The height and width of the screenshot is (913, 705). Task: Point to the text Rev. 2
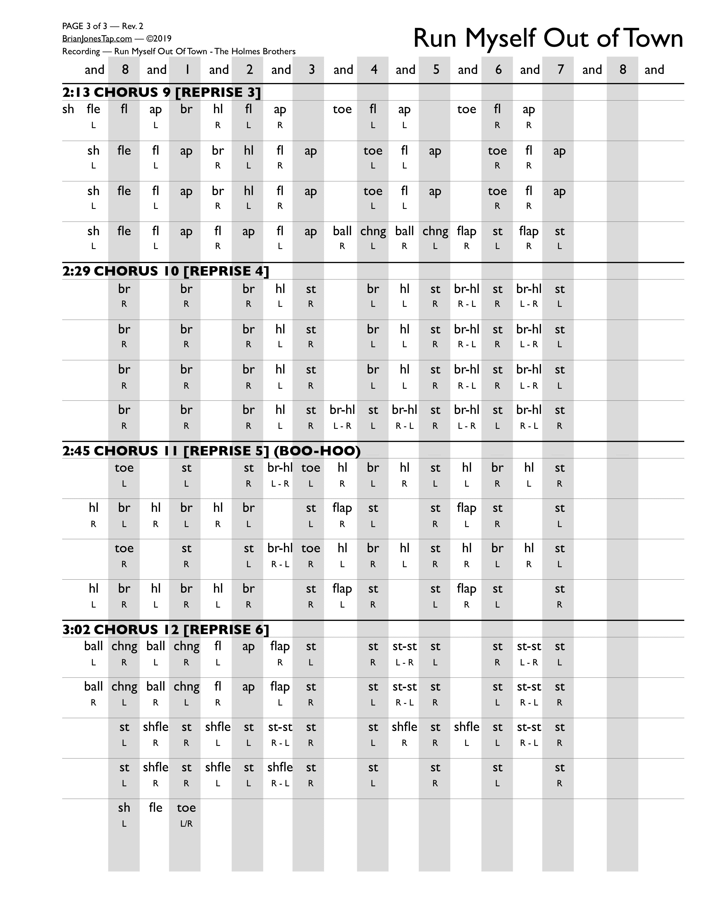132,26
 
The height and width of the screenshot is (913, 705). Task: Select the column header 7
560,70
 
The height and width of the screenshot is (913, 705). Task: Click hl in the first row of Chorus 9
218,109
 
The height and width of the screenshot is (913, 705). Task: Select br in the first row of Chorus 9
186,109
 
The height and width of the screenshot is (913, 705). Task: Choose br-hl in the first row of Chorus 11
280,468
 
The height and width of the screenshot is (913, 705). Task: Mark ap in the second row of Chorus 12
249,687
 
